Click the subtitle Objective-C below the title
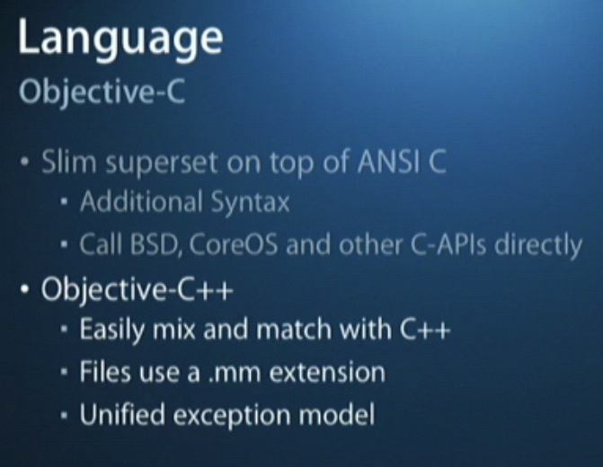pos(102,93)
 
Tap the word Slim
pos(69,162)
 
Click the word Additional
pos(141,201)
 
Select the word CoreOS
pos(233,244)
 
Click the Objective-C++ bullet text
pos(137,289)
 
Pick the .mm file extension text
pos(235,374)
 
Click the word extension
pos(327,372)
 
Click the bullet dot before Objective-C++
pos(24,289)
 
